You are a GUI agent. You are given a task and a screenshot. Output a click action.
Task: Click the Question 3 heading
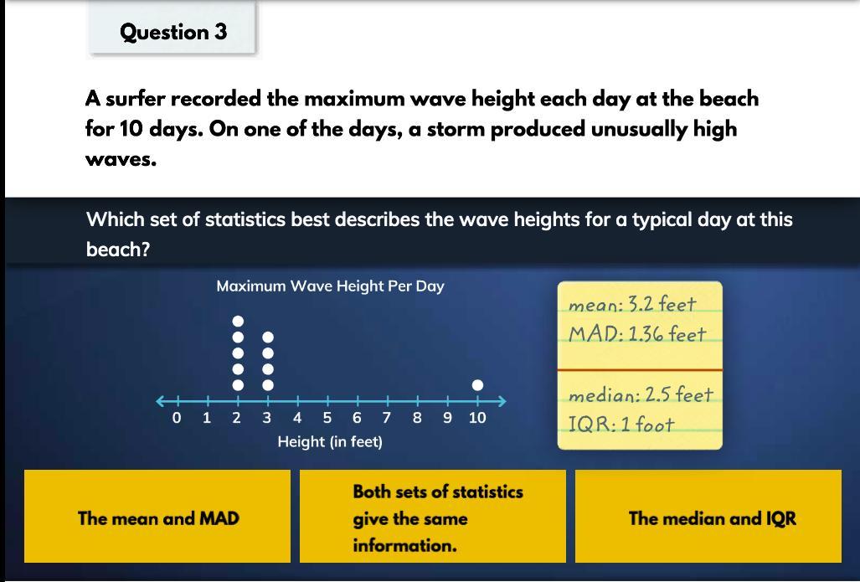point(173,32)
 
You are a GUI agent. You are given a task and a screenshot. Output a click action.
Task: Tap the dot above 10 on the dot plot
point(477,385)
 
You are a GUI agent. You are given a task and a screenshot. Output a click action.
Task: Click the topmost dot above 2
point(238,321)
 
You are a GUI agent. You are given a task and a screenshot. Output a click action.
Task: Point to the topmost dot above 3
point(268,337)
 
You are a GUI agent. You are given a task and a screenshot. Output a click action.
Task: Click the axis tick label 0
point(177,418)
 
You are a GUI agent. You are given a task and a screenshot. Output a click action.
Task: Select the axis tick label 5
point(327,418)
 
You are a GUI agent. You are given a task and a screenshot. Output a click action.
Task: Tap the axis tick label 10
point(477,418)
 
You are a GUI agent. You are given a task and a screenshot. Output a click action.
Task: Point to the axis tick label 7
point(387,418)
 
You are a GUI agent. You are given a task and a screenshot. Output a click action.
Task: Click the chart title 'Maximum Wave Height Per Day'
point(330,286)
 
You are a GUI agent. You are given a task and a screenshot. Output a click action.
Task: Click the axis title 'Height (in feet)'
point(330,441)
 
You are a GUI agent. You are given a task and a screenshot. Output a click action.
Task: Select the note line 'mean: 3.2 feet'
point(632,304)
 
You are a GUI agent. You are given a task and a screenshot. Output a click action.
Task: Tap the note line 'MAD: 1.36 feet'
point(636,333)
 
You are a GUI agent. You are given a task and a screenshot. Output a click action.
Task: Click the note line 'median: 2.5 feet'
point(641,394)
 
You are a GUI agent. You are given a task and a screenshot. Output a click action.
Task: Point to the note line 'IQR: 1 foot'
point(621,424)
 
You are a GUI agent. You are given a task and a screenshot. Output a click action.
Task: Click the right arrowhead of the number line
point(502,401)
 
